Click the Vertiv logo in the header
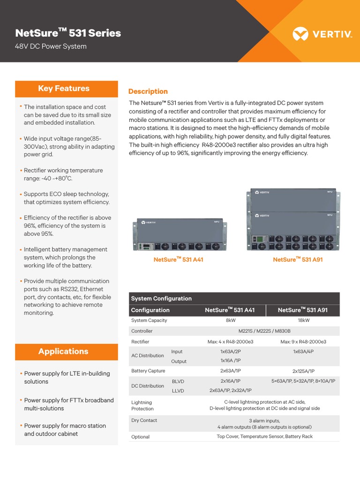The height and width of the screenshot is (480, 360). (x=322, y=34)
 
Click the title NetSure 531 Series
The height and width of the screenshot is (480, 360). (x=68, y=33)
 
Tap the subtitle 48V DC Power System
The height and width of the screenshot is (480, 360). (x=51, y=46)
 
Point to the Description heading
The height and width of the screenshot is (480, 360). (x=148, y=91)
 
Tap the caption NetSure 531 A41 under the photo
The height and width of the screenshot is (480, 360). (x=178, y=259)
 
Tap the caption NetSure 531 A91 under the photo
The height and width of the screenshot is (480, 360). (x=298, y=259)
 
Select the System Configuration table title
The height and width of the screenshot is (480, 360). (x=161, y=299)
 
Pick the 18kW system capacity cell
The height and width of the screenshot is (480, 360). (x=303, y=321)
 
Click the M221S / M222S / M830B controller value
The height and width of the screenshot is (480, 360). (x=267, y=331)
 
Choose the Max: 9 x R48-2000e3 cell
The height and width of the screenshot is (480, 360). (x=303, y=342)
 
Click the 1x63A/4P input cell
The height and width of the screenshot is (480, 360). (x=303, y=352)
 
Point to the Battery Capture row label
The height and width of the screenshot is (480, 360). (x=148, y=371)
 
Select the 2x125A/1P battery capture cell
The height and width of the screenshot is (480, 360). (x=303, y=371)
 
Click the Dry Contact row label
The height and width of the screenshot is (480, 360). (x=144, y=420)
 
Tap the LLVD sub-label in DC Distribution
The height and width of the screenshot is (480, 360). (x=178, y=390)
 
